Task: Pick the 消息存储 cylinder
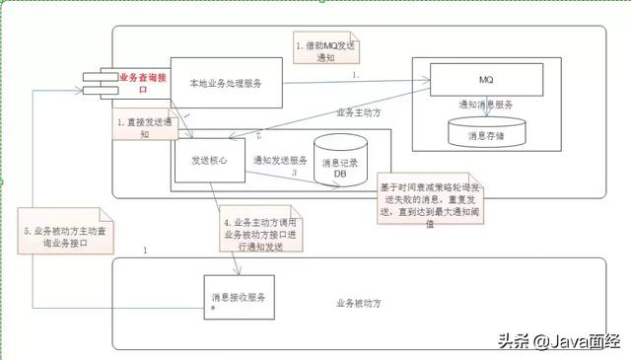click(x=488, y=133)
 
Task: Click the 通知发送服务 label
click(x=280, y=159)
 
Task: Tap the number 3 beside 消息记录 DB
click(x=294, y=173)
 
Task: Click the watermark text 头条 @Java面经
click(x=559, y=341)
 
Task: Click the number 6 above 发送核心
click(x=258, y=135)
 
